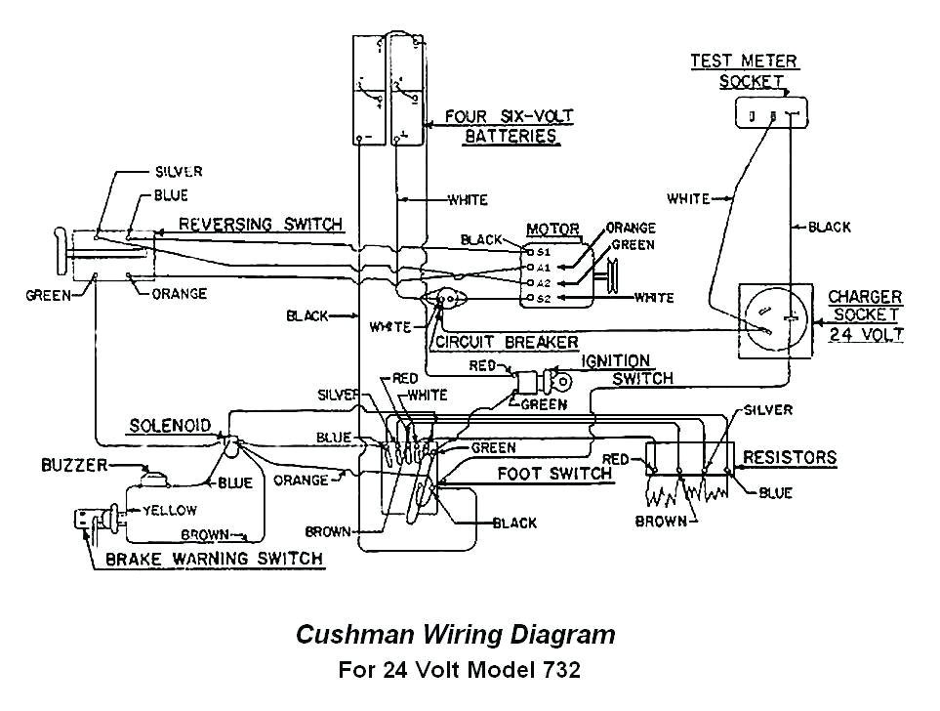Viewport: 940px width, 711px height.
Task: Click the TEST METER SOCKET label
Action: pos(744,71)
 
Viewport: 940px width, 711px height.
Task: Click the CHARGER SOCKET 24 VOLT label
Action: pos(864,315)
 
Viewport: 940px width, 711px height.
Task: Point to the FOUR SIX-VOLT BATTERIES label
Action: pos(510,126)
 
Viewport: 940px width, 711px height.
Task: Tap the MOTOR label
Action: pos(552,229)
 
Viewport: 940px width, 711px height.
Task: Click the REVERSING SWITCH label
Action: pos(261,224)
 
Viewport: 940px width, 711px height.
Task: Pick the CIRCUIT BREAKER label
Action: pos(507,342)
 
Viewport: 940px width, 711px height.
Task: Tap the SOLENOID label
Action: pos(169,426)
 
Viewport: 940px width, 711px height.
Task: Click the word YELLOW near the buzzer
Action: pos(169,510)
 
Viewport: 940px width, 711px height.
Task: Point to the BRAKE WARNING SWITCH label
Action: pos(213,559)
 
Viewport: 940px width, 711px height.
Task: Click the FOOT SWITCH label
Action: pos(553,474)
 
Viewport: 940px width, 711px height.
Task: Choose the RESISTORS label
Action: pos(790,456)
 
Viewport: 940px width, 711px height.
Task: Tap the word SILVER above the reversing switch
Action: pos(179,172)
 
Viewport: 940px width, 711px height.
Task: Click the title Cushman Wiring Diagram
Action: pos(455,635)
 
